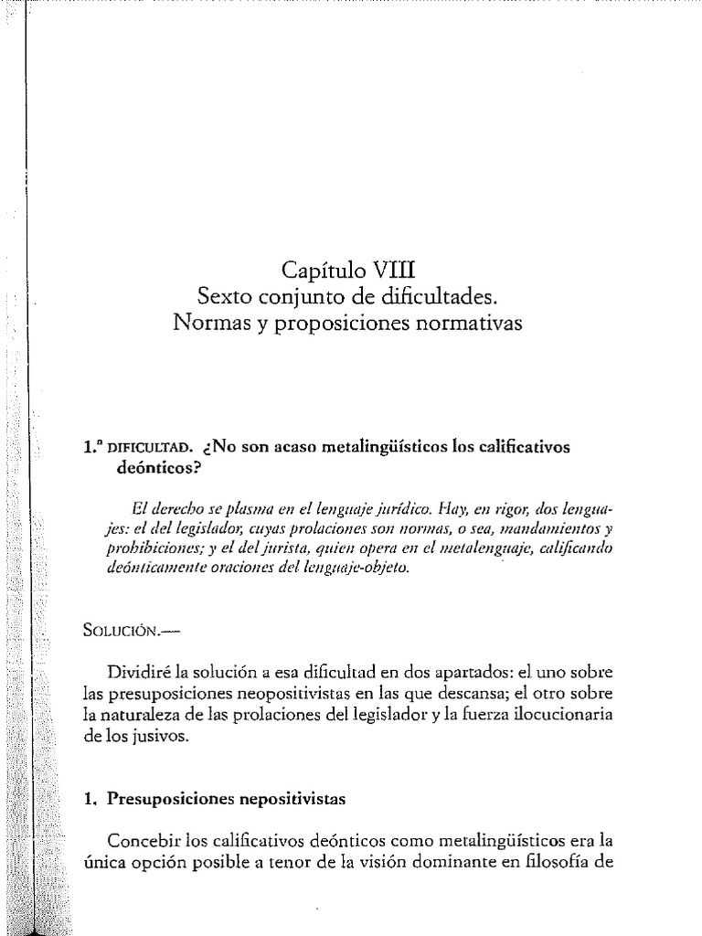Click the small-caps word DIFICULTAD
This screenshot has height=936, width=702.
[149, 447]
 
